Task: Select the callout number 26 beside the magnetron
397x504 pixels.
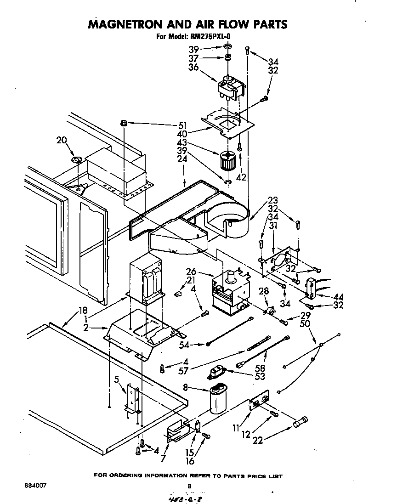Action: pos(191,272)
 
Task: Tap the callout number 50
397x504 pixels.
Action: pos(304,324)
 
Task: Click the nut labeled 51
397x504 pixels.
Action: pos(124,123)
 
